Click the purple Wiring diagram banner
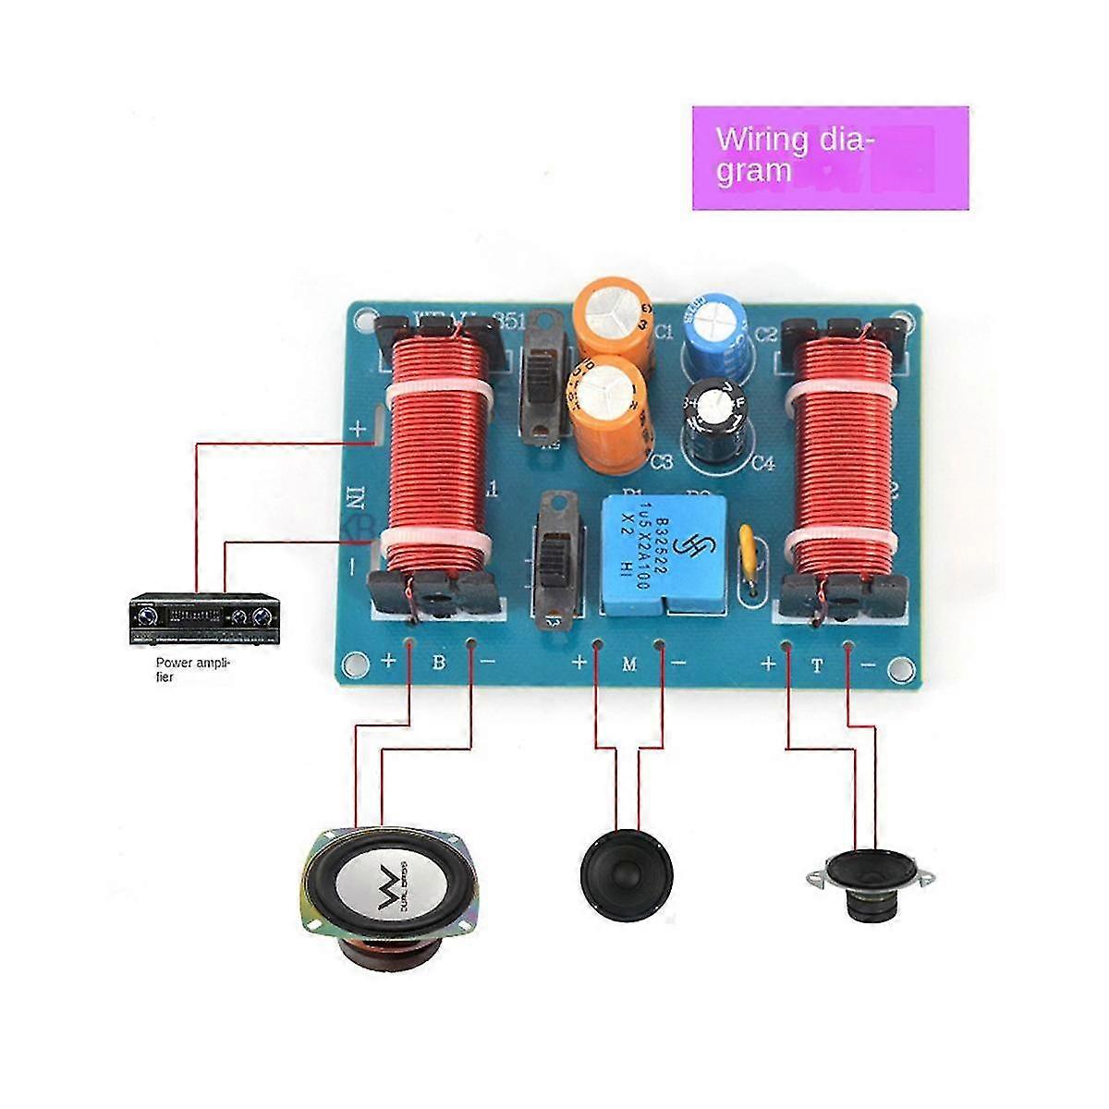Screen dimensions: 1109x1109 tap(830, 157)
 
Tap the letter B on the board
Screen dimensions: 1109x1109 tap(440, 663)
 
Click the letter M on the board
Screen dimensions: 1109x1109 tap(629, 663)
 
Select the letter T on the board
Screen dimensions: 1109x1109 tap(817, 663)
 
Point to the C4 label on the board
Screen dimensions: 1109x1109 tap(762, 463)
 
